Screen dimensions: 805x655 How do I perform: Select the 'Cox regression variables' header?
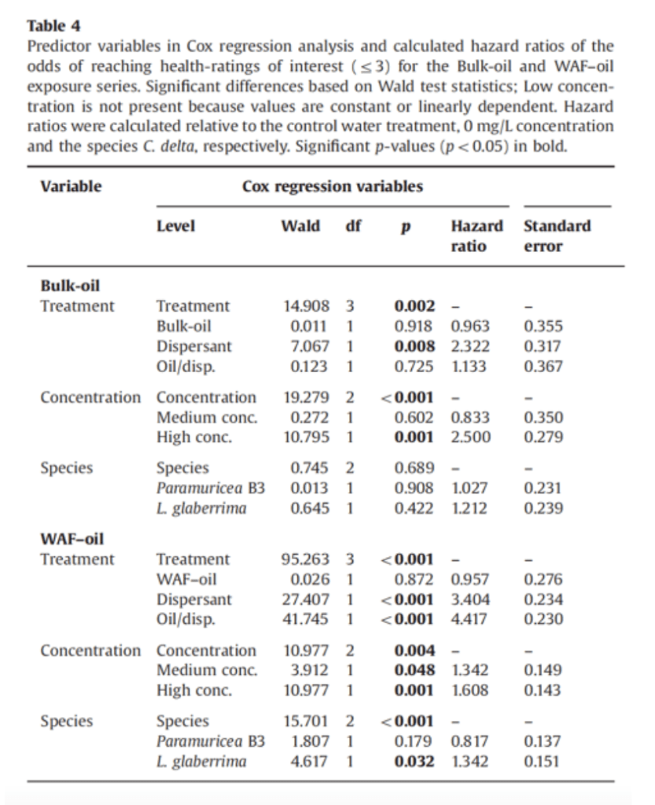[x=333, y=186]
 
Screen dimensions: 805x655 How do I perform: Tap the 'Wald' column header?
[x=300, y=226]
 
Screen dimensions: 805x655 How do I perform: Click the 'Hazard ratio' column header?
[x=477, y=235]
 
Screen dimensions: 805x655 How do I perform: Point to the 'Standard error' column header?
[x=557, y=235]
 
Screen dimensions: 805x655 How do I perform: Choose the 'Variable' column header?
[x=71, y=186]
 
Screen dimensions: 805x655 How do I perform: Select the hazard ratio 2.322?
[x=470, y=346]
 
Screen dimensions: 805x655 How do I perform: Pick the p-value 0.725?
[x=414, y=366]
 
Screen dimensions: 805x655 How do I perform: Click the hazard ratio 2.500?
[x=470, y=438]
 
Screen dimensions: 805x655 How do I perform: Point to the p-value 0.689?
[x=414, y=468]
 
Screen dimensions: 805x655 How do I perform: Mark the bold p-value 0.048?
[x=414, y=670]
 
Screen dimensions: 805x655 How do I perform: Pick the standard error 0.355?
[x=543, y=326]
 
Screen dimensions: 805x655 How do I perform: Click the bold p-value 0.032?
[x=414, y=762]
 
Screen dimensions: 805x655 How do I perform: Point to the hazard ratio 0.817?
[x=470, y=741]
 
